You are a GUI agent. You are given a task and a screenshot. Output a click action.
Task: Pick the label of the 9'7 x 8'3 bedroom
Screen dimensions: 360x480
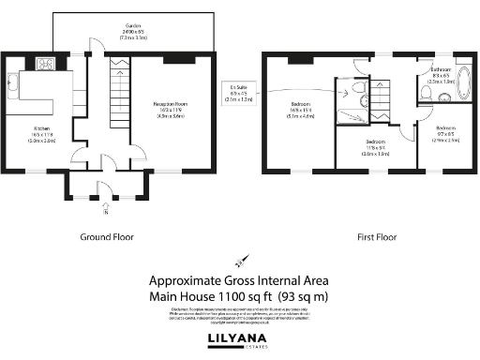point(445,132)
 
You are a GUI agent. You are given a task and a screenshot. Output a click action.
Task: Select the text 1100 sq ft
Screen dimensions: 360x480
point(242,296)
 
